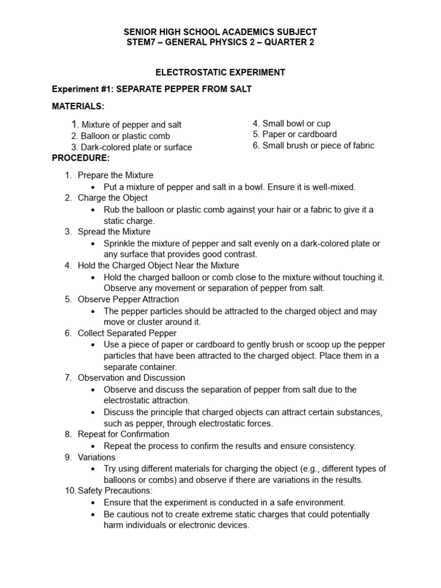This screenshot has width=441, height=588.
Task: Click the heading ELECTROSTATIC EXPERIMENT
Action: (x=220, y=72)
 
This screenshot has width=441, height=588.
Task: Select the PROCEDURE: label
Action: (x=80, y=158)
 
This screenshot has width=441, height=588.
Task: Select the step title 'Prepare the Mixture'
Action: (x=115, y=175)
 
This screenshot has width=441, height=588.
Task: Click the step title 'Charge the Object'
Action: (x=113, y=198)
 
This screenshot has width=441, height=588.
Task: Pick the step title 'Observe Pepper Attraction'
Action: (x=128, y=300)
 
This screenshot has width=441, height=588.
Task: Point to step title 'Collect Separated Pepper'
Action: (x=127, y=333)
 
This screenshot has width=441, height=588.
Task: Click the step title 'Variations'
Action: (x=96, y=457)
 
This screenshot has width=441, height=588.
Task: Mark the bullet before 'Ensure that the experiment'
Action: (x=94, y=502)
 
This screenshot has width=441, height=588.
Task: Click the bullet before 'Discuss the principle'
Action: (x=94, y=412)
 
